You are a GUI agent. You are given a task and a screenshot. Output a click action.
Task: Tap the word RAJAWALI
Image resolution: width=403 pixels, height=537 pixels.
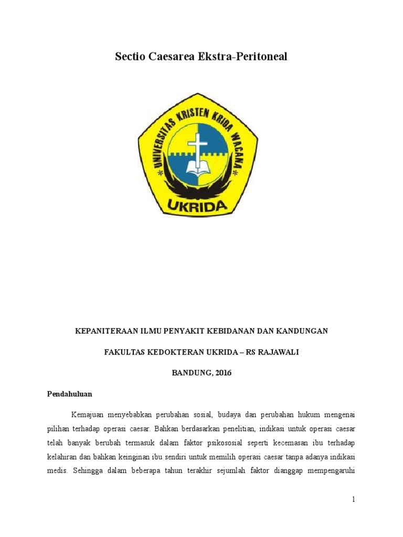(x=279, y=352)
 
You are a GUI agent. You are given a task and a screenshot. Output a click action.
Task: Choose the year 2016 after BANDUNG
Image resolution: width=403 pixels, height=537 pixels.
(x=221, y=373)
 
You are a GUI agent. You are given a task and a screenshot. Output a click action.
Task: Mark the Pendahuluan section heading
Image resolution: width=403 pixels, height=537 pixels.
(x=69, y=394)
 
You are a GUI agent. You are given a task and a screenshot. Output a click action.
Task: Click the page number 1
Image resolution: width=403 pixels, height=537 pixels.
(x=354, y=500)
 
